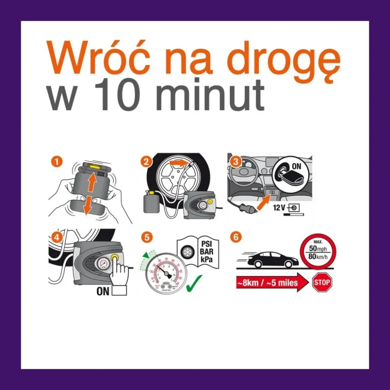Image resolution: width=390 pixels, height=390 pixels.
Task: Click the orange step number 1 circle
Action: pyautogui.click(x=57, y=161)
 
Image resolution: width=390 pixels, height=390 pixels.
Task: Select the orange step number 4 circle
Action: pyautogui.click(x=57, y=236)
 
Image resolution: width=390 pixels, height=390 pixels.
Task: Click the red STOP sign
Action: pyautogui.click(x=322, y=282)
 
